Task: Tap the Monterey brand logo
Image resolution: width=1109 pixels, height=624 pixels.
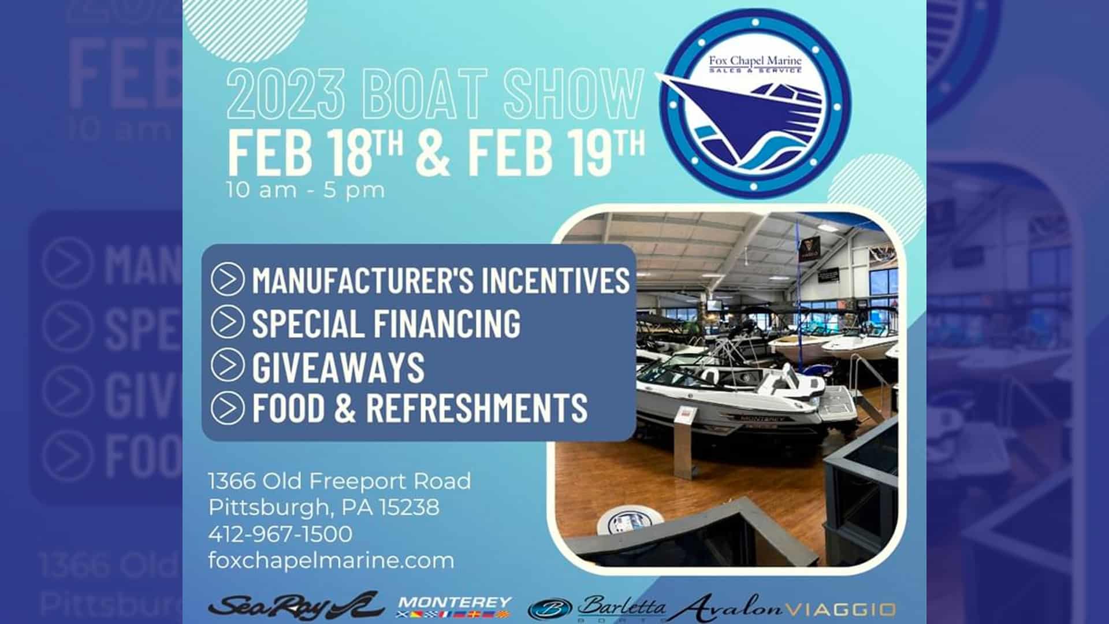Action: pyautogui.click(x=455, y=607)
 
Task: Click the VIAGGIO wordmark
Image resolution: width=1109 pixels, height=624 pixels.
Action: pyautogui.click(x=842, y=610)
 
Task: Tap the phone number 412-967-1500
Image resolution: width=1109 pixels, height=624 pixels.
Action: pyautogui.click(x=280, y=534)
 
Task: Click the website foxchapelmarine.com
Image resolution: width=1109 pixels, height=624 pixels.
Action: pyautogui.click(x=331, y=560)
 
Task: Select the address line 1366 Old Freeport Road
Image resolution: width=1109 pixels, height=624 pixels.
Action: pyautogui.click(x=340, y=481)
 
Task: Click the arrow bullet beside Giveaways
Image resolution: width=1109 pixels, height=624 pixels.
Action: pyautogui.click(x=228, y=365)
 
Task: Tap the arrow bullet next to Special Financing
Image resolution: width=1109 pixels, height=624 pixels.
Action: pyautogui.click(x=228, y=322)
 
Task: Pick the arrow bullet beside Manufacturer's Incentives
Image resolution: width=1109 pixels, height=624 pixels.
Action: pyautogui.click(x=228, y=280)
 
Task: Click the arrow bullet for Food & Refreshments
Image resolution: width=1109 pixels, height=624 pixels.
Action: pyautogui.click(x=228, y=408)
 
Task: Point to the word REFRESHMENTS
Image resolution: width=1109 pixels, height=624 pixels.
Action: pyautogui.click(x=477, y=407)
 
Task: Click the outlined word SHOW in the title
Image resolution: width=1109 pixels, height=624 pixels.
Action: pyautogui.click(x=574, y=94)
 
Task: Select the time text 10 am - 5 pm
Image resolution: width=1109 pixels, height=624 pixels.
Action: pyautogui.click(x=306, y=190)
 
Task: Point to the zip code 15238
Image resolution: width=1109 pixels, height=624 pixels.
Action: pyautogui.click(x=409, y=507)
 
